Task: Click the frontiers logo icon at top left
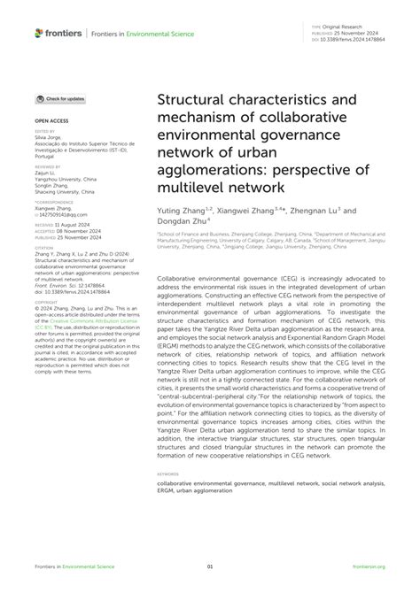pos(39,33)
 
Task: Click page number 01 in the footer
pos(210,567)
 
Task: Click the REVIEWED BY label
pos(47,166)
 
